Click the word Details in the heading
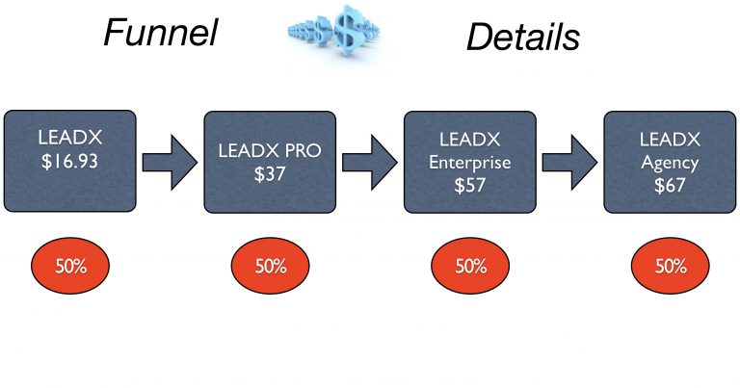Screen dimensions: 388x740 click(523, 37)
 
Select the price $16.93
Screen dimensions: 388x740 click(69, 161)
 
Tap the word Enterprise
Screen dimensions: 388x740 click(469, 162)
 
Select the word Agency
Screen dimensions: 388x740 click(670, 162)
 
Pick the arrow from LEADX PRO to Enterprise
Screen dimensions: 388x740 click(369, 161)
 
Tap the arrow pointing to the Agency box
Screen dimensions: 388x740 click(569, 161)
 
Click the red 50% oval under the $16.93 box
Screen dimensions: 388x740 click(70, 266)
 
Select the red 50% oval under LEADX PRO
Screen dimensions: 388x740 click(270, 266)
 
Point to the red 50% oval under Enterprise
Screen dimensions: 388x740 click(469, 266)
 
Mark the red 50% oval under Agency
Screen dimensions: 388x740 click(670, 266)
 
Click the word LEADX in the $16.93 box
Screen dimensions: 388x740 click(69, 139)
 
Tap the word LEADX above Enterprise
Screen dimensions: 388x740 click(469, 141)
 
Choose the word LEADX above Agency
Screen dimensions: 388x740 click(670, 141)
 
